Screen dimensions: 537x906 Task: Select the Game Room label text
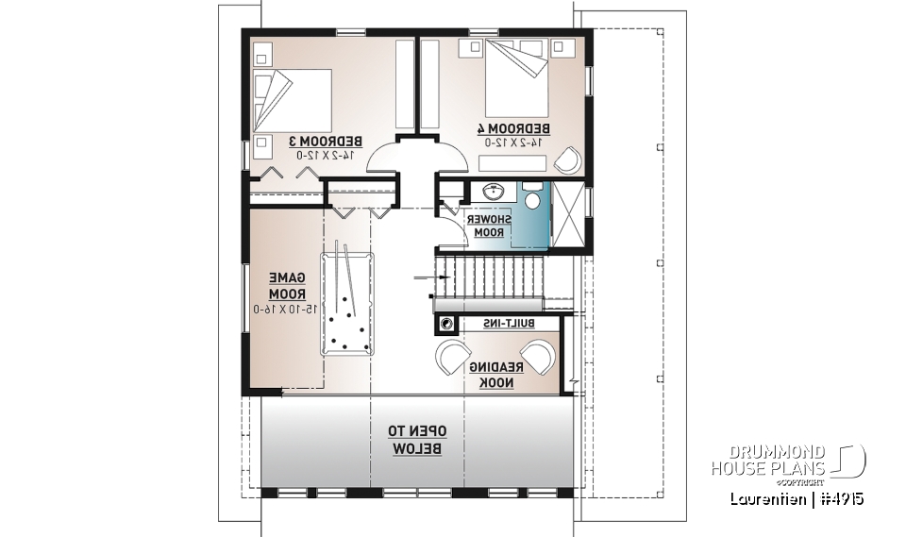(287, 286)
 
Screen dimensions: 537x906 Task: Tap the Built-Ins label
(510, 324)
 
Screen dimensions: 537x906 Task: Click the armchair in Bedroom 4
(566, 160)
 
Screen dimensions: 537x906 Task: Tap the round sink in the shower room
(492, 193)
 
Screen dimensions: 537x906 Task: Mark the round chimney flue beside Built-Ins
(445, 325)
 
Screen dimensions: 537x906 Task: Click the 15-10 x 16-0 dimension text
(286, 310)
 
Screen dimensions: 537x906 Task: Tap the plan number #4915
(841, 498)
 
